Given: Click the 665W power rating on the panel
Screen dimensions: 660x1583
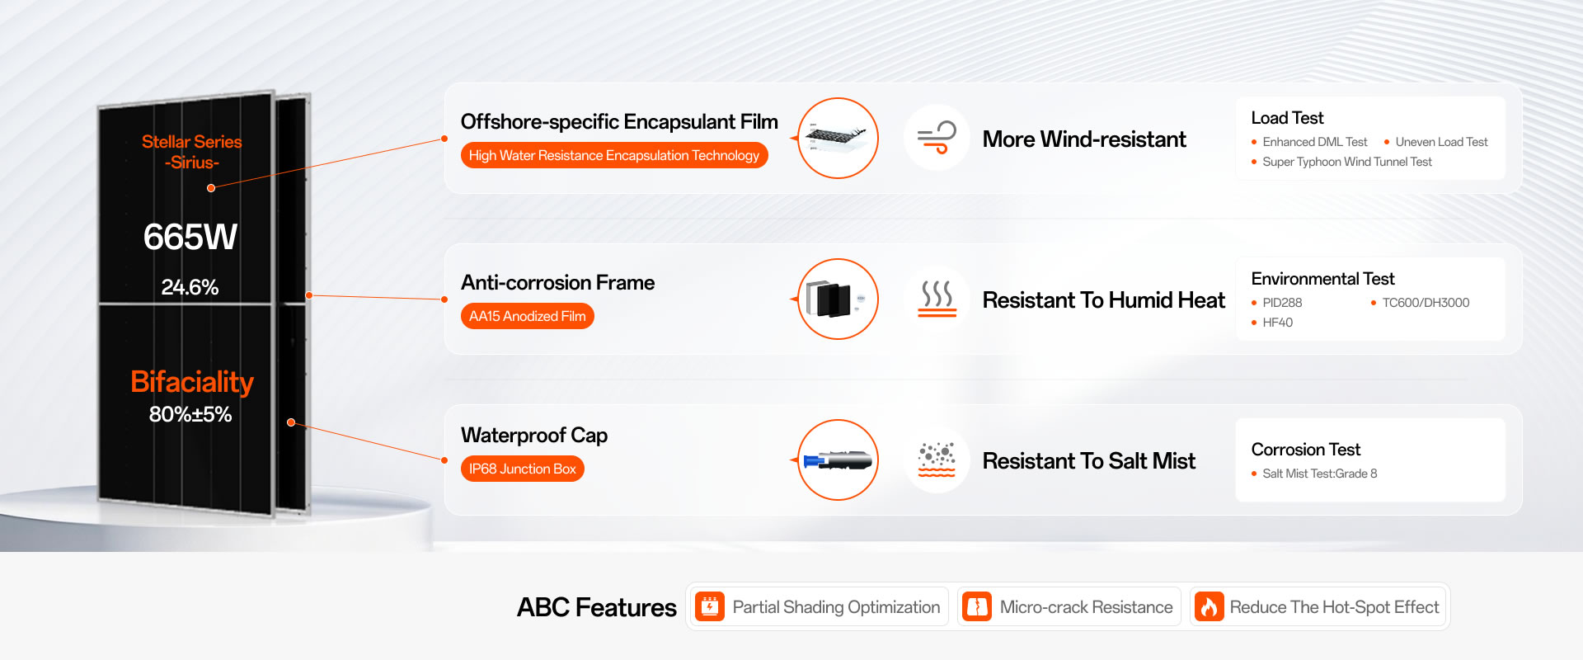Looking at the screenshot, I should (190, 238).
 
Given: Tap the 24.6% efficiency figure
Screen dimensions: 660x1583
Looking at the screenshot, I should (190, 287).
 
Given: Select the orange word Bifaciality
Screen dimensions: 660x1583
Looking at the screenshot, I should (192, 382).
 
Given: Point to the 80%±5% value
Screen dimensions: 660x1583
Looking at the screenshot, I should (190, 414).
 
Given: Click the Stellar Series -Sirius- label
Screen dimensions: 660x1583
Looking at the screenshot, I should (192, 152).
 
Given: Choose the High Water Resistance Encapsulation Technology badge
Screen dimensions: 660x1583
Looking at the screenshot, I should (614, 155).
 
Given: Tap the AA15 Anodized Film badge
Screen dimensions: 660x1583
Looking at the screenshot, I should (528, 316).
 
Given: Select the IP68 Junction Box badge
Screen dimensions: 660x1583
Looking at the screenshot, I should (523, 469).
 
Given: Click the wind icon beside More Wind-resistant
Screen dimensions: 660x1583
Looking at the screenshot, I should (937, 138).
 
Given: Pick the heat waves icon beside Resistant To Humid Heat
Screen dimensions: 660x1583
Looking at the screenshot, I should (937, 299).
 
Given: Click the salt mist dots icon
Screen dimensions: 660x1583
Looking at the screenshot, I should (937, 460).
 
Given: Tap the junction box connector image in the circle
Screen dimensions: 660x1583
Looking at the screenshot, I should (838, 460).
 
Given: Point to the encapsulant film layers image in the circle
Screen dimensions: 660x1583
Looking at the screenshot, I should (838, 138).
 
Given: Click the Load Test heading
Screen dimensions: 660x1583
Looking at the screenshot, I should (1287, 118).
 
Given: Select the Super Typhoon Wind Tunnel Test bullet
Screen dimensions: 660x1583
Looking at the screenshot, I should (1347, 162).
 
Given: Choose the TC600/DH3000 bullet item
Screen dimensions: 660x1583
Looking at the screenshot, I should (1426, 303).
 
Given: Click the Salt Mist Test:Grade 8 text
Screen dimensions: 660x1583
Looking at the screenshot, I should (1320, 474).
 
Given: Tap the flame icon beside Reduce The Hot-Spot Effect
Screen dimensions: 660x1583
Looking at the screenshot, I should (1210, 607).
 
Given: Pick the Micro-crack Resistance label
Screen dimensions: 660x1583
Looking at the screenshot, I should (1086, 607).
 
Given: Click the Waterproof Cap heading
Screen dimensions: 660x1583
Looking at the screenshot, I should (534, 435).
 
